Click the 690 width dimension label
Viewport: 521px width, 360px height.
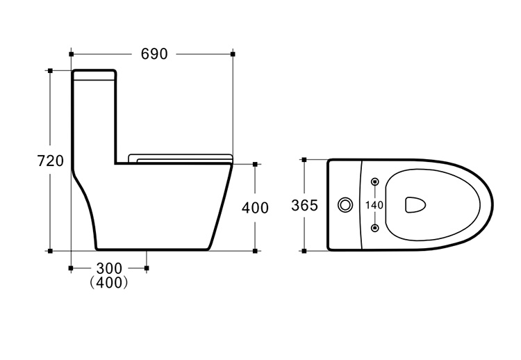(154, 54)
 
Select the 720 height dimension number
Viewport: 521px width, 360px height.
(51, 161)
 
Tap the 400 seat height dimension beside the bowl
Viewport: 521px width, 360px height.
(255, 208)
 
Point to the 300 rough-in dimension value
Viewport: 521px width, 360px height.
(109, 268)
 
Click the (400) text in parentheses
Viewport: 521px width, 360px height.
(109, 283)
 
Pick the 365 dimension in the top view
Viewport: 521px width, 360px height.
(304, 206)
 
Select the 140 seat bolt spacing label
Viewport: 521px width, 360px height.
(374, 205)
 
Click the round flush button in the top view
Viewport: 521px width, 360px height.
(345, 205)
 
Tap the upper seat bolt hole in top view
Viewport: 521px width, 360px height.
(375, 181)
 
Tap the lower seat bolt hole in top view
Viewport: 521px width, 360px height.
(375, 228)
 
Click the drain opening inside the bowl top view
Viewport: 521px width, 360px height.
(415, 204)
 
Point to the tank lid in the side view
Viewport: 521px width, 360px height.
(94, 75)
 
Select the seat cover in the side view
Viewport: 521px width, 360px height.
(180, 158)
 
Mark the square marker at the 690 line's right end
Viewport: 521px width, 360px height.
(233, 54)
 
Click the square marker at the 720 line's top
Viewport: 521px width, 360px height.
(50, 70)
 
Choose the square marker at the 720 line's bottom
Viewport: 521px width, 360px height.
(50, 251)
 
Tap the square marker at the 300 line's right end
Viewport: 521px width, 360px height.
(147, 268)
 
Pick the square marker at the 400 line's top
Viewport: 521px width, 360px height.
(255, 164)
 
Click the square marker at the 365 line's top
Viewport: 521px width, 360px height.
(304, 160)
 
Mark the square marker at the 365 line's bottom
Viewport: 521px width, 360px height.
(304, 251)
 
